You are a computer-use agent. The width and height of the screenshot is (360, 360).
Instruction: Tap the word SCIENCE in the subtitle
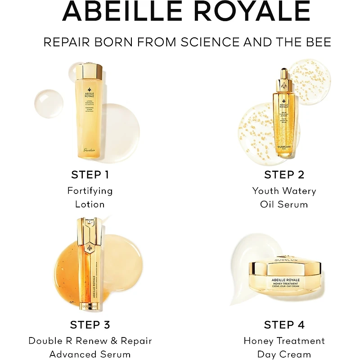[210, 42]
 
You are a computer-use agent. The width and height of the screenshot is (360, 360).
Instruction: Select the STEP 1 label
[90, 175]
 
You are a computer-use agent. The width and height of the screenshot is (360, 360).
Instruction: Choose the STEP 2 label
[284, 175]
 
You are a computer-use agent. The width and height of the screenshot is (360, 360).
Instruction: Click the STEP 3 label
[90, 324]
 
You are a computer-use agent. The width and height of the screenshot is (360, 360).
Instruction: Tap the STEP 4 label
[284, 324]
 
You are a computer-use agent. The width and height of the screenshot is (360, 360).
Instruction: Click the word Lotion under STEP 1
[90, 204]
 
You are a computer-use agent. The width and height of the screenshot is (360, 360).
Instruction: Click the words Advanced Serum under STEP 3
[90, 354]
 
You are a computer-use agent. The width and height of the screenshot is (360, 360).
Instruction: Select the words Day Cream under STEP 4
[284, 354]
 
